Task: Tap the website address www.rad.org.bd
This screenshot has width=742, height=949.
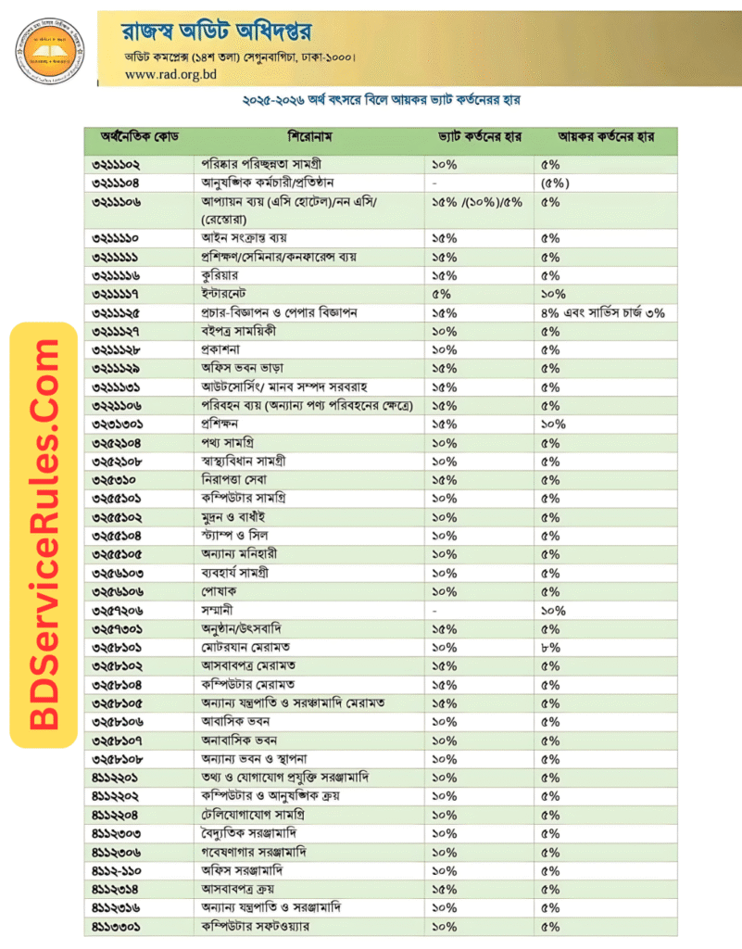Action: coord(168,74)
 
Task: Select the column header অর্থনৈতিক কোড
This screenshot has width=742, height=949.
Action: coord(139,137)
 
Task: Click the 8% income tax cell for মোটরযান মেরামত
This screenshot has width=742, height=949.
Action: coord(550,647)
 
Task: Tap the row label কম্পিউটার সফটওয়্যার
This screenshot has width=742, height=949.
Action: coord(256,926)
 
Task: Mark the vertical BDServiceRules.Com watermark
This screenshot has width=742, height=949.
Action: coord(43,535)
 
